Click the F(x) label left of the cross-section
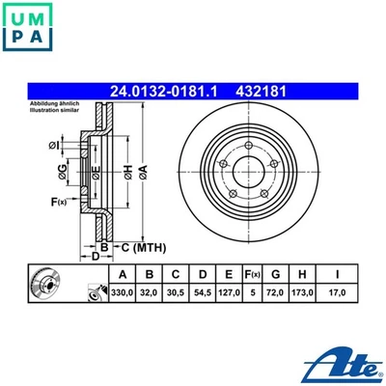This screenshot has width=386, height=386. pyautogui.click(x=56, y=202)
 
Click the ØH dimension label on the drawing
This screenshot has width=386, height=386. pyautogui.click(x=125, y=174)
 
